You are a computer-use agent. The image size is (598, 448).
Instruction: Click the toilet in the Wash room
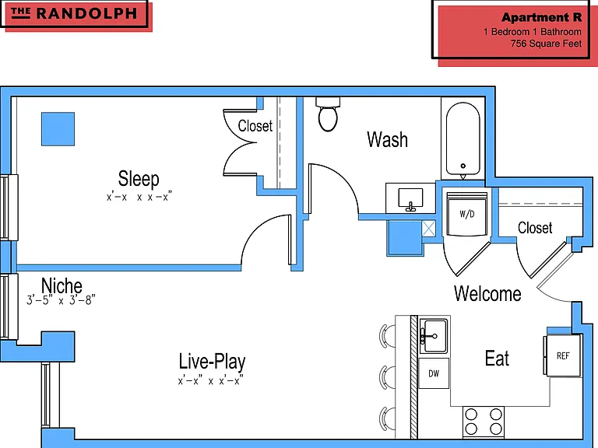tap(328, 114)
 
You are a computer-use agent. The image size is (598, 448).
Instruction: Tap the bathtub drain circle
tap(463, 166)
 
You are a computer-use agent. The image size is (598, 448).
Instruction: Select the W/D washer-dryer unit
tap(467, 214)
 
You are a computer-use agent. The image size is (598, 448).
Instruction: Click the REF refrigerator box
tap(562, 355)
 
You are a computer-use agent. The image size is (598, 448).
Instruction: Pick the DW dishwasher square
tap(434, 373)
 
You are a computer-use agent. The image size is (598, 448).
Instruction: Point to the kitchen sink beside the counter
tap(434, 336)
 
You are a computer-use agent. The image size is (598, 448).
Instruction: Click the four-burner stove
tap(484, 422)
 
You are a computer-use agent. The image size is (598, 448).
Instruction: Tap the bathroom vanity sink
tap(410, 198)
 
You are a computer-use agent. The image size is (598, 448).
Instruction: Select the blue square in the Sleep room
tap(58, 129)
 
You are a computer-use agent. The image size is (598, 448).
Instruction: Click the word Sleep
tap(139, 178)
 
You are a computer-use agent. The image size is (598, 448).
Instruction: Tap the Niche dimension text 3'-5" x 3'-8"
tap(61, 300)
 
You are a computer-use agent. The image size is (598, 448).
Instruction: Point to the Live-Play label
tap(212, 361)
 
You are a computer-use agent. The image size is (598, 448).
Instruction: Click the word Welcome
tap(487, 293)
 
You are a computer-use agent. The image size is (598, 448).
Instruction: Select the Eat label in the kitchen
tap(497, 358)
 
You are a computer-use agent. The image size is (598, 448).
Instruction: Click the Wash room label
tap(387, 139)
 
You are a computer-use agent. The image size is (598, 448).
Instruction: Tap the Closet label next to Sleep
tap(255, 126)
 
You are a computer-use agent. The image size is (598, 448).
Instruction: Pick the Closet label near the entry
tap(535, 228)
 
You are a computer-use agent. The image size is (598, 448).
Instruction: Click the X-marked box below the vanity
tap(428, 229)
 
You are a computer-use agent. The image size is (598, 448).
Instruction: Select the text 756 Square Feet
tap(546, 44)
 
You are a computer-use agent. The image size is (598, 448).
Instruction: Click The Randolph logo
tap(74, 14)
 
